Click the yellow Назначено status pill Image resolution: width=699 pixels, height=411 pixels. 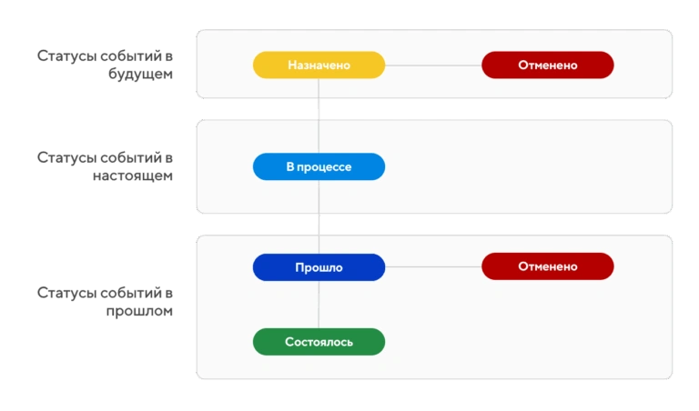click(x=319, y=65)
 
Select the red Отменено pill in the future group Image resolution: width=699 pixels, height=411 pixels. click(x=547, y=65)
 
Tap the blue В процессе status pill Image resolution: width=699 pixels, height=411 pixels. click(x=319, y=166)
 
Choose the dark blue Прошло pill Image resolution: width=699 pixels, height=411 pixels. click(x=319, y=267)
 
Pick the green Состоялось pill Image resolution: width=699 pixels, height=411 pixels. click(x=319, y=342)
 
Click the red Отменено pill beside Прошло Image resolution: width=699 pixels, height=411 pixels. click(x=547, y=266)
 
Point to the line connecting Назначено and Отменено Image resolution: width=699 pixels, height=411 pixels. click(x=433, y=65)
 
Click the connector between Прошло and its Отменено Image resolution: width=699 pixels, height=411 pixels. click(x=433, y=266)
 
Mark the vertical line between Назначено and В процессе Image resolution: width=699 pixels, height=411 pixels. click(x=319, y=115)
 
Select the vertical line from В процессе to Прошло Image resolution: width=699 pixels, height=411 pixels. click(x=319, y=216)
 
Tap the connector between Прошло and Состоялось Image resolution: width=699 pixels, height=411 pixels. click(x=319, y=305)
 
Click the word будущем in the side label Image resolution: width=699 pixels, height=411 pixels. click(x=140, y=74)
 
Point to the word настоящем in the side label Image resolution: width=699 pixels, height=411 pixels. click(x=133, y=175)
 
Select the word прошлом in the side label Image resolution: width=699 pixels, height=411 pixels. click(x=139, y=310)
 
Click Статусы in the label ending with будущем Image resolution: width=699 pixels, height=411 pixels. click(x=66, y=56)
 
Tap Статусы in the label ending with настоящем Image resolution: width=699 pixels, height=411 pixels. click(x=66, y=157)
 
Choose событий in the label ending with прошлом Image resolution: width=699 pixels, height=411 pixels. click(x=131, y=293)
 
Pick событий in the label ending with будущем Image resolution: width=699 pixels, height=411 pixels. click(x=131, y=56)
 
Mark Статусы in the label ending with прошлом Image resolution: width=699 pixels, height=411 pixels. click(x=66, y=293)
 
